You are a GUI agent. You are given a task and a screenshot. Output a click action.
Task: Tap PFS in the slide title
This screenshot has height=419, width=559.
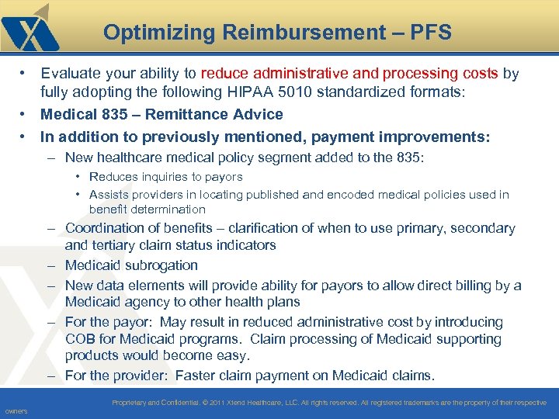click(x=427, y=33)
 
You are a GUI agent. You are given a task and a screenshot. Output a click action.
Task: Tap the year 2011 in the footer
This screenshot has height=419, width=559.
click(x=219, y=403)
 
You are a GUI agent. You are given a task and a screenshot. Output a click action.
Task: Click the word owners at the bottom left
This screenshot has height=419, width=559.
click(x=16, y=411)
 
